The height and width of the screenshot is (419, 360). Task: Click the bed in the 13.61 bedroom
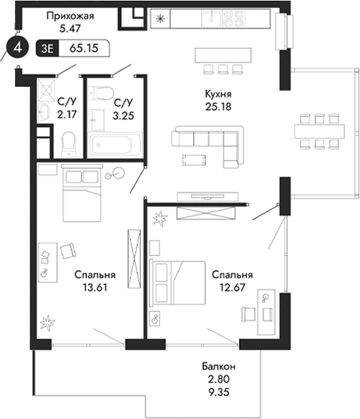(x=83, y=196)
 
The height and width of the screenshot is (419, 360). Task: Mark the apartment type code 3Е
(x=49, y=49)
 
